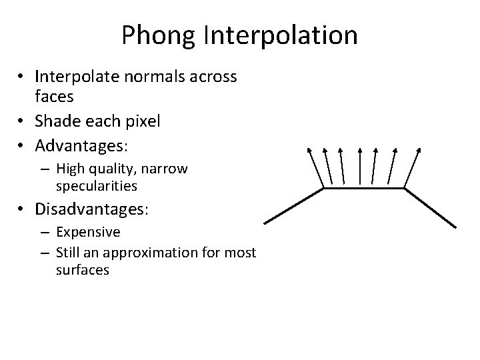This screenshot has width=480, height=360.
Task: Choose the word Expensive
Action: (89, 232)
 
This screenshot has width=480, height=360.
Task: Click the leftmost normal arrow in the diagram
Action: (315, 167)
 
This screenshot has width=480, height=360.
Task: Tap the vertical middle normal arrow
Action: (360, 165)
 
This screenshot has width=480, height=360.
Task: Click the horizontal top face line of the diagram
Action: (364, 188)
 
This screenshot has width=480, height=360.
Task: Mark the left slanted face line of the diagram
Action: (294, 205)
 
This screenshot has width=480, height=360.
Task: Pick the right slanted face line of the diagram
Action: (431, 207)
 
